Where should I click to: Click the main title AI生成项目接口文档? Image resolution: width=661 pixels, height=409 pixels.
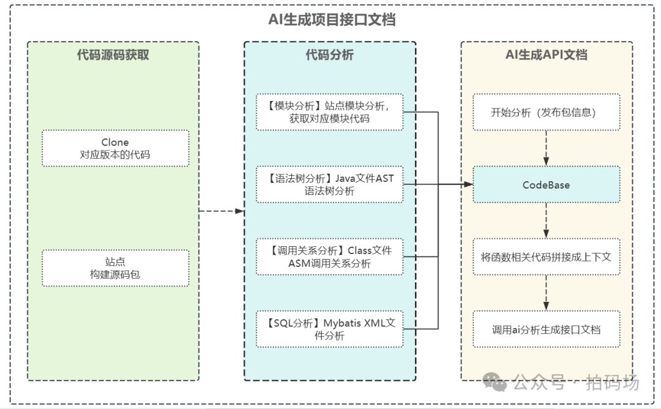point(332,20)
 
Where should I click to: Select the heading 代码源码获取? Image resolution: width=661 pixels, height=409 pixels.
point(113,55)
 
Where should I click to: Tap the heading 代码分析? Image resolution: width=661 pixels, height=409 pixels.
point(330,55)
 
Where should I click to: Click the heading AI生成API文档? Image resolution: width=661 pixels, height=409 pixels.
point(546,55)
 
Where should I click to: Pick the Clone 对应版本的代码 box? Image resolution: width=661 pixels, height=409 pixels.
point(115,148)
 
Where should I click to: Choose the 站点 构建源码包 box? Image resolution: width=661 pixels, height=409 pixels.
point(115,268)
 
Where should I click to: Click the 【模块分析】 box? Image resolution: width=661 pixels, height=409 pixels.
point(330,111)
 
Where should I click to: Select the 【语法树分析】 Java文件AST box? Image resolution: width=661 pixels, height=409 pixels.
point(330,184)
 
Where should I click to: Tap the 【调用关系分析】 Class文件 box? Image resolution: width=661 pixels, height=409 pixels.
point(330,257)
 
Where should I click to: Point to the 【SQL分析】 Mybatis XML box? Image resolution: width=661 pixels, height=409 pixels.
point(330,329)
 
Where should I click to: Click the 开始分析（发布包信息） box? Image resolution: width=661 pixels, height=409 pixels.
point(546,112)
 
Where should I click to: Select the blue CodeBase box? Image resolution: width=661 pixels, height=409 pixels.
point(546,184)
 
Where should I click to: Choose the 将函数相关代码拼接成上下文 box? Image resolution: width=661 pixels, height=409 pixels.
point(546,257)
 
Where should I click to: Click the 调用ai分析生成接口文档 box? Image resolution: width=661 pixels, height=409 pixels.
point(546,329)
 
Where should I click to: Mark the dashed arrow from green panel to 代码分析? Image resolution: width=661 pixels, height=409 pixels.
point(222,211)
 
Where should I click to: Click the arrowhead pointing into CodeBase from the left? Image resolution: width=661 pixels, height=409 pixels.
point(468,184)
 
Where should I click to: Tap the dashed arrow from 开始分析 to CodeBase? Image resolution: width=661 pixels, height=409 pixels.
point(546,148)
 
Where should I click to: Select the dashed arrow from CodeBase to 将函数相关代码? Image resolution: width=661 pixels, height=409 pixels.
point(546,220)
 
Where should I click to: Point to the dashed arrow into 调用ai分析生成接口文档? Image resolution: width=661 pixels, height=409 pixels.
point(546,292)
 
